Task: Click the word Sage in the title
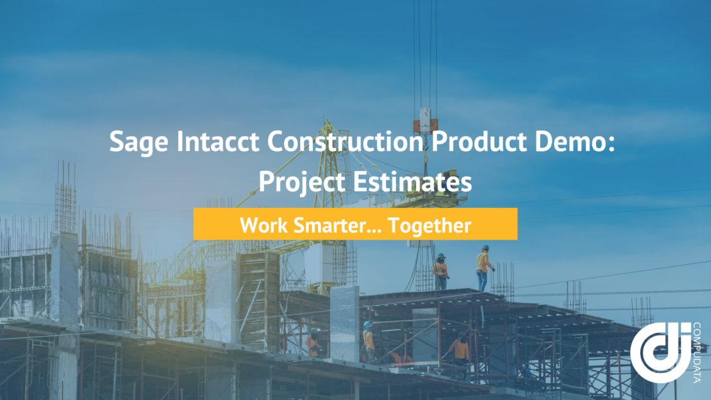(139, 142)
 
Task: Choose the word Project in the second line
(302, 183)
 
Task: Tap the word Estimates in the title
(412, 182)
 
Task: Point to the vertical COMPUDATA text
(697, 353)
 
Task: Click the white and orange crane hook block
(426, 120)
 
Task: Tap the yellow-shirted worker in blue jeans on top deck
(483, 268)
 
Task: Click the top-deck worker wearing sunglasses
(440, 271)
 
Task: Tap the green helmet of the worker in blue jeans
(485, 248)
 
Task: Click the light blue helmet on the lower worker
(367, 324)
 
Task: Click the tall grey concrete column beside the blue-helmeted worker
(345, 324)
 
